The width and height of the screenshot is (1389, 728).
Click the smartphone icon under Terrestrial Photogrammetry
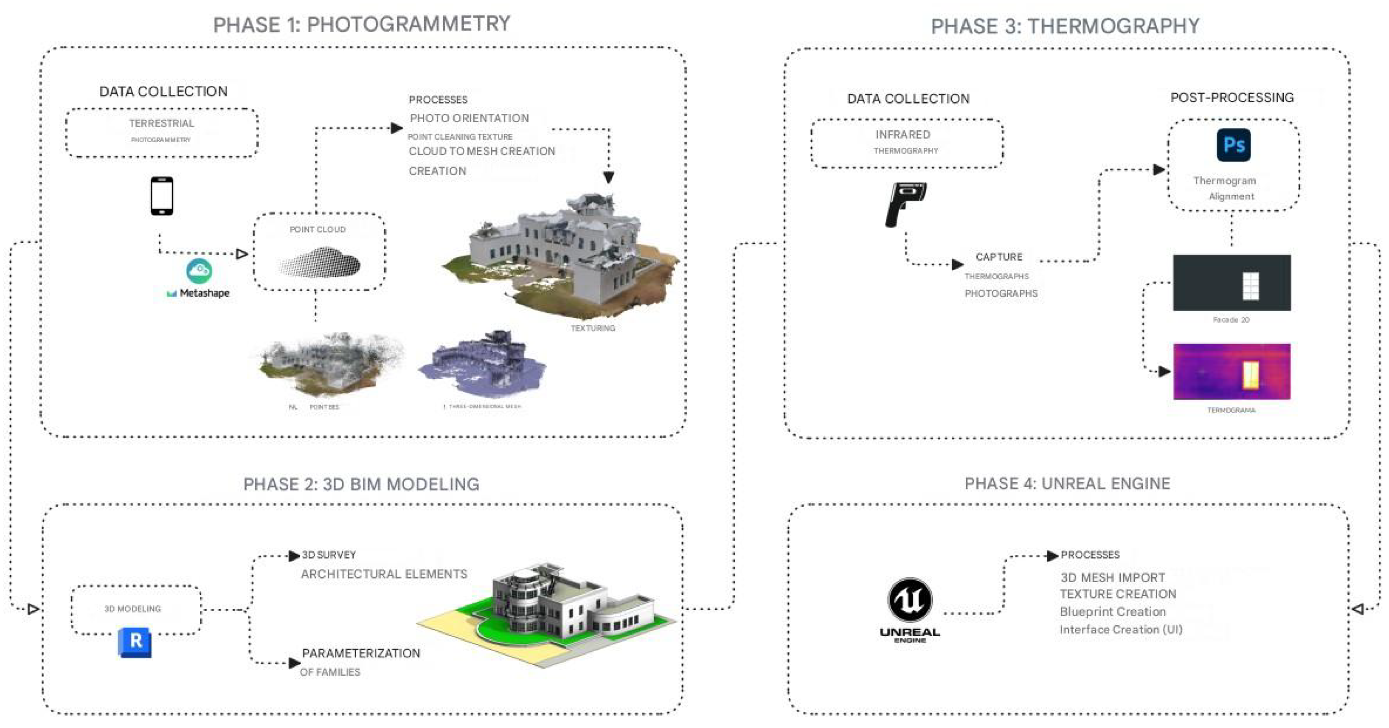pyautogui.click(x=162, y=196)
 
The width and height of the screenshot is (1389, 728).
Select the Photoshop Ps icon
pyautogui.click(x=1233, y=145)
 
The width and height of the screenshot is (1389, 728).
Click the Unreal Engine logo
pyautogui.click(x=910, y=610)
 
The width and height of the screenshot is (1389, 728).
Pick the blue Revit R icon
pyautogui.click(x=135, y=642)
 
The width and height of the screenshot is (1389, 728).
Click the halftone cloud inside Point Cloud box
pyautogui.click(x=320, y=263)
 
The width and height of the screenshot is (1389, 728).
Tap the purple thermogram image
pyautogui.click(x=1232, y=371)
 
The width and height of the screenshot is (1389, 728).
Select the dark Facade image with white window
pyautogui.click(x=1232, y=283)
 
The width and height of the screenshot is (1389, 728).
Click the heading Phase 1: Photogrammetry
pyautogui.click(x=361, y=24)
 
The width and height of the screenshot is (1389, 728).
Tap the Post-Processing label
pyautogui.click(x=1232, y=98)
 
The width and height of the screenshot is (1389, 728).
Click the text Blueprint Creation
pyautogui.click(x=1112, y=612)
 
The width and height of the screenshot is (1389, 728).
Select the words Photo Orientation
pyautogui.click(x=469, y=118)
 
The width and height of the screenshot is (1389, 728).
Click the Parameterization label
pyautogui.click(x=361, y=653)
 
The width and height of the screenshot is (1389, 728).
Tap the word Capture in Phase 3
pyautogui.click(x=998, y=257)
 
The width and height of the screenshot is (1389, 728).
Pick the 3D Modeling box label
pyautogui.click(x=132, y=609)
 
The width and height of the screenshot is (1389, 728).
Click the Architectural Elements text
pyautogui.click(x=384, y=574)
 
